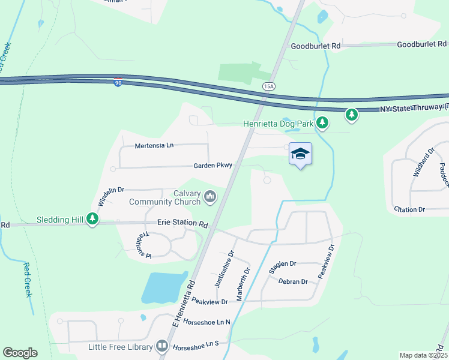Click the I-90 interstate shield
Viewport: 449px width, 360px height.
click(x=118, y=82)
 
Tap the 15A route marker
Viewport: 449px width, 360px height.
click(x=268, y=86)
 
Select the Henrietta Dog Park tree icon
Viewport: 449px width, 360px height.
click(x=323, y=123)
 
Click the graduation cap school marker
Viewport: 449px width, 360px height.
click(x=300, y=154)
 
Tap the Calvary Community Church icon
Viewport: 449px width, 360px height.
click(x=210, y=196)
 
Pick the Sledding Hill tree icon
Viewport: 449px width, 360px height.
click(x=92, y=220)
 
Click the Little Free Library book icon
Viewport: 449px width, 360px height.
click(x=162, y=346)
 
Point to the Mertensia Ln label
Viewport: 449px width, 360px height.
click(x=154, y=146)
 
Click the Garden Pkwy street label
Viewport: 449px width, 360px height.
click(x=212, y=166)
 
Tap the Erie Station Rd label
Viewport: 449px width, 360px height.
click(x=182, y=223)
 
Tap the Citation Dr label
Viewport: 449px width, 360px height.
click(x=409, y=209)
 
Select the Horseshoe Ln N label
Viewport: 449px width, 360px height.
click(x=207, y=322)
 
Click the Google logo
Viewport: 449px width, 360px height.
click(x=20, y=353)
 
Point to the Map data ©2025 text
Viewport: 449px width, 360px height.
click(x=423, y=355)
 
